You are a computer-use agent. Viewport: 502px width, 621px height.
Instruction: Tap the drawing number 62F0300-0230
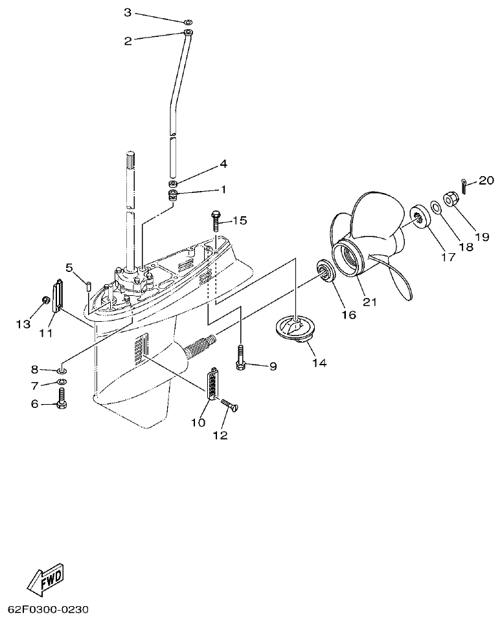[x=48, y=609]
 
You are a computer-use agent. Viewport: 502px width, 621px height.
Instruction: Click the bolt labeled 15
[x=216, y=220]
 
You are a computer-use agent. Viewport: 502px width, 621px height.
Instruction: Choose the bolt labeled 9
[x=241, y=356]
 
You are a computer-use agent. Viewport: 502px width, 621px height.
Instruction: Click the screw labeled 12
[x=229, y=408]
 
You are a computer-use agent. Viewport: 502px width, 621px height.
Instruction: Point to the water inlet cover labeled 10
[x=212, y=385]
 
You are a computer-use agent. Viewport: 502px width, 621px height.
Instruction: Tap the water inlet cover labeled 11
[x=56, y=295]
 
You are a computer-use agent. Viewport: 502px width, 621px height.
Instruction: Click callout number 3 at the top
[x=127, y=12]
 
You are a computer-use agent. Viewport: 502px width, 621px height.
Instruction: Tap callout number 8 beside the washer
[x=34, y=369]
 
